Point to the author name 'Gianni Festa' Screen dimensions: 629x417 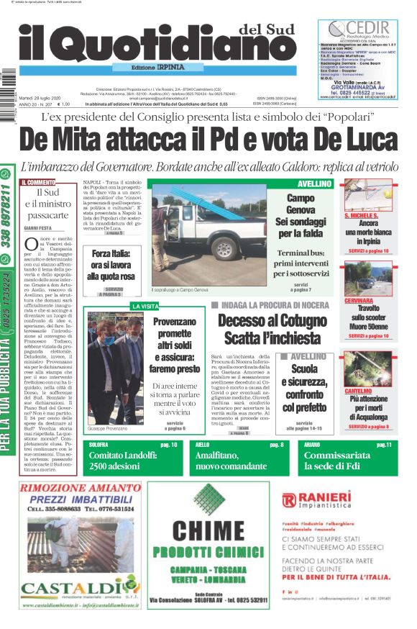[x=40, y=227]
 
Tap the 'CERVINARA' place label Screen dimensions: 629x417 [x=359, y=300]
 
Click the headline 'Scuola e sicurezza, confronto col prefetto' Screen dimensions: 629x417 [x=309, y=389]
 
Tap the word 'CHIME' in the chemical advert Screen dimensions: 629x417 [x=208, y=531]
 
